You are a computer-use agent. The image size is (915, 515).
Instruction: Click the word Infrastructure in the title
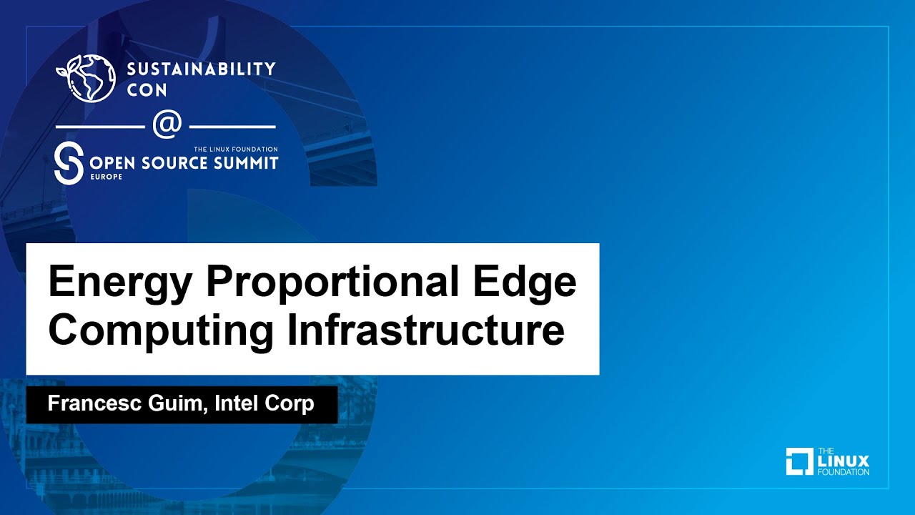pyautogui.click(x=426, y=330)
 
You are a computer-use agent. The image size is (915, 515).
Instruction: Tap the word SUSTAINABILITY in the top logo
pyautogui.click(x=202, y=69)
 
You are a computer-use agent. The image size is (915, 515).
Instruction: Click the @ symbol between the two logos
pyautogui.click(x=167, y=125)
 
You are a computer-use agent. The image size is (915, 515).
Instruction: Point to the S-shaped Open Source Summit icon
pyautogui.click(x=69, y=163)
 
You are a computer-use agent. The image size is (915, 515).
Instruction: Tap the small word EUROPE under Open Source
pyautogui.click(x=106, y=177)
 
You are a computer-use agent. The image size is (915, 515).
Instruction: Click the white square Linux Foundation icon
pyautogui.click(x=800, y=461)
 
